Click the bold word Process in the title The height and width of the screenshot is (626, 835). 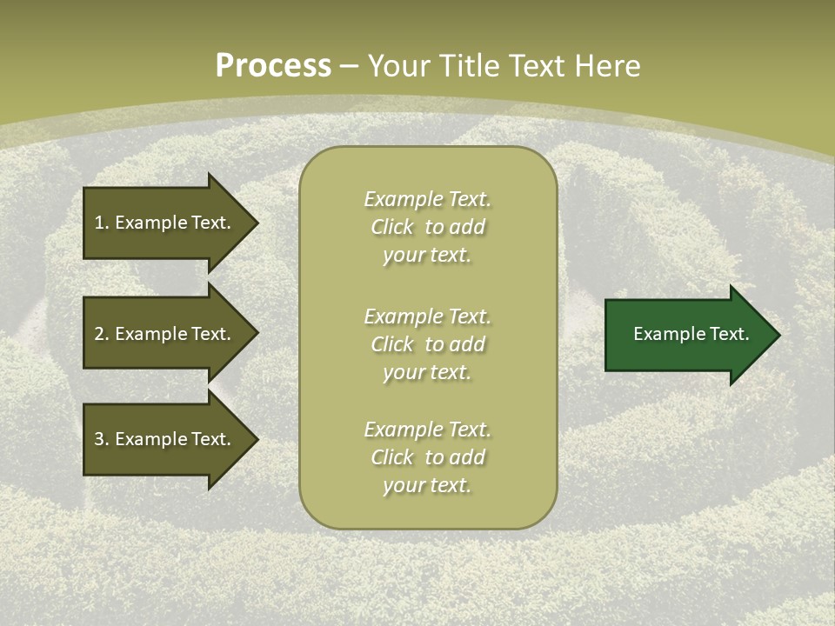[273, 66]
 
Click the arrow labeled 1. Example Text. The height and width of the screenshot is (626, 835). [165, 223]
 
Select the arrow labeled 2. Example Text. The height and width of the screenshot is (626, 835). [165, 334]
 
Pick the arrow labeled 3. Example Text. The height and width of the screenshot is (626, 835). [165, 439]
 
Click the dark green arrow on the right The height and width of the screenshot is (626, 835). [687, 334]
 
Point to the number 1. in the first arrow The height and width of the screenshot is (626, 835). [102, 223]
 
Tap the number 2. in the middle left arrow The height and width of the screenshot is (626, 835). [102, 334]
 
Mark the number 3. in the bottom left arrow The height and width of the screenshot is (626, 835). [102, 439]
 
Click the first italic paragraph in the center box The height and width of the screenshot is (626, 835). [428, 227]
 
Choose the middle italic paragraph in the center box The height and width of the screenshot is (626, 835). [428, 344]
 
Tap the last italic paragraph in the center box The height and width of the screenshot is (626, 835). [428, 457]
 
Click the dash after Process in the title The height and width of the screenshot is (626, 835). [349, 66]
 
